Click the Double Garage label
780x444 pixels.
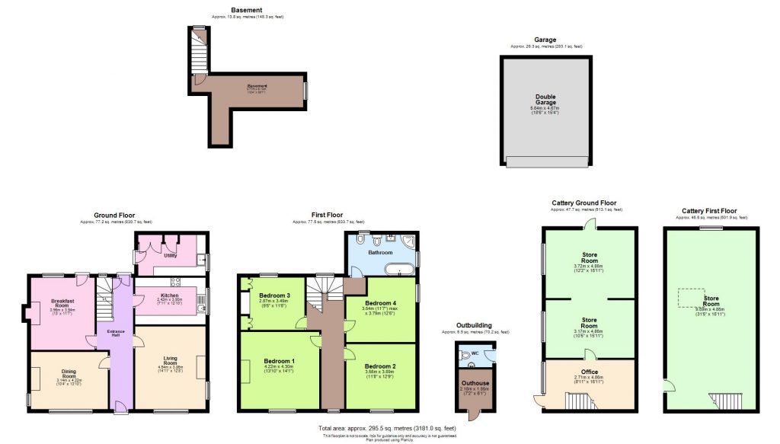pos(545,101)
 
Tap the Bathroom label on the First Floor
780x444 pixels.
pos(381,252)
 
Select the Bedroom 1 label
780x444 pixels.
pos(280,360)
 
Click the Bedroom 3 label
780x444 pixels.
pos(274,295)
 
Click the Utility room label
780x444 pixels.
pos(171,255)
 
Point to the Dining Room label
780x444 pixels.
pos(69,373)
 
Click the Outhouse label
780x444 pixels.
pos(475,383)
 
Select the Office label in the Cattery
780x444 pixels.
pos(588,372)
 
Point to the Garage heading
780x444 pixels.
pos(545,40)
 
